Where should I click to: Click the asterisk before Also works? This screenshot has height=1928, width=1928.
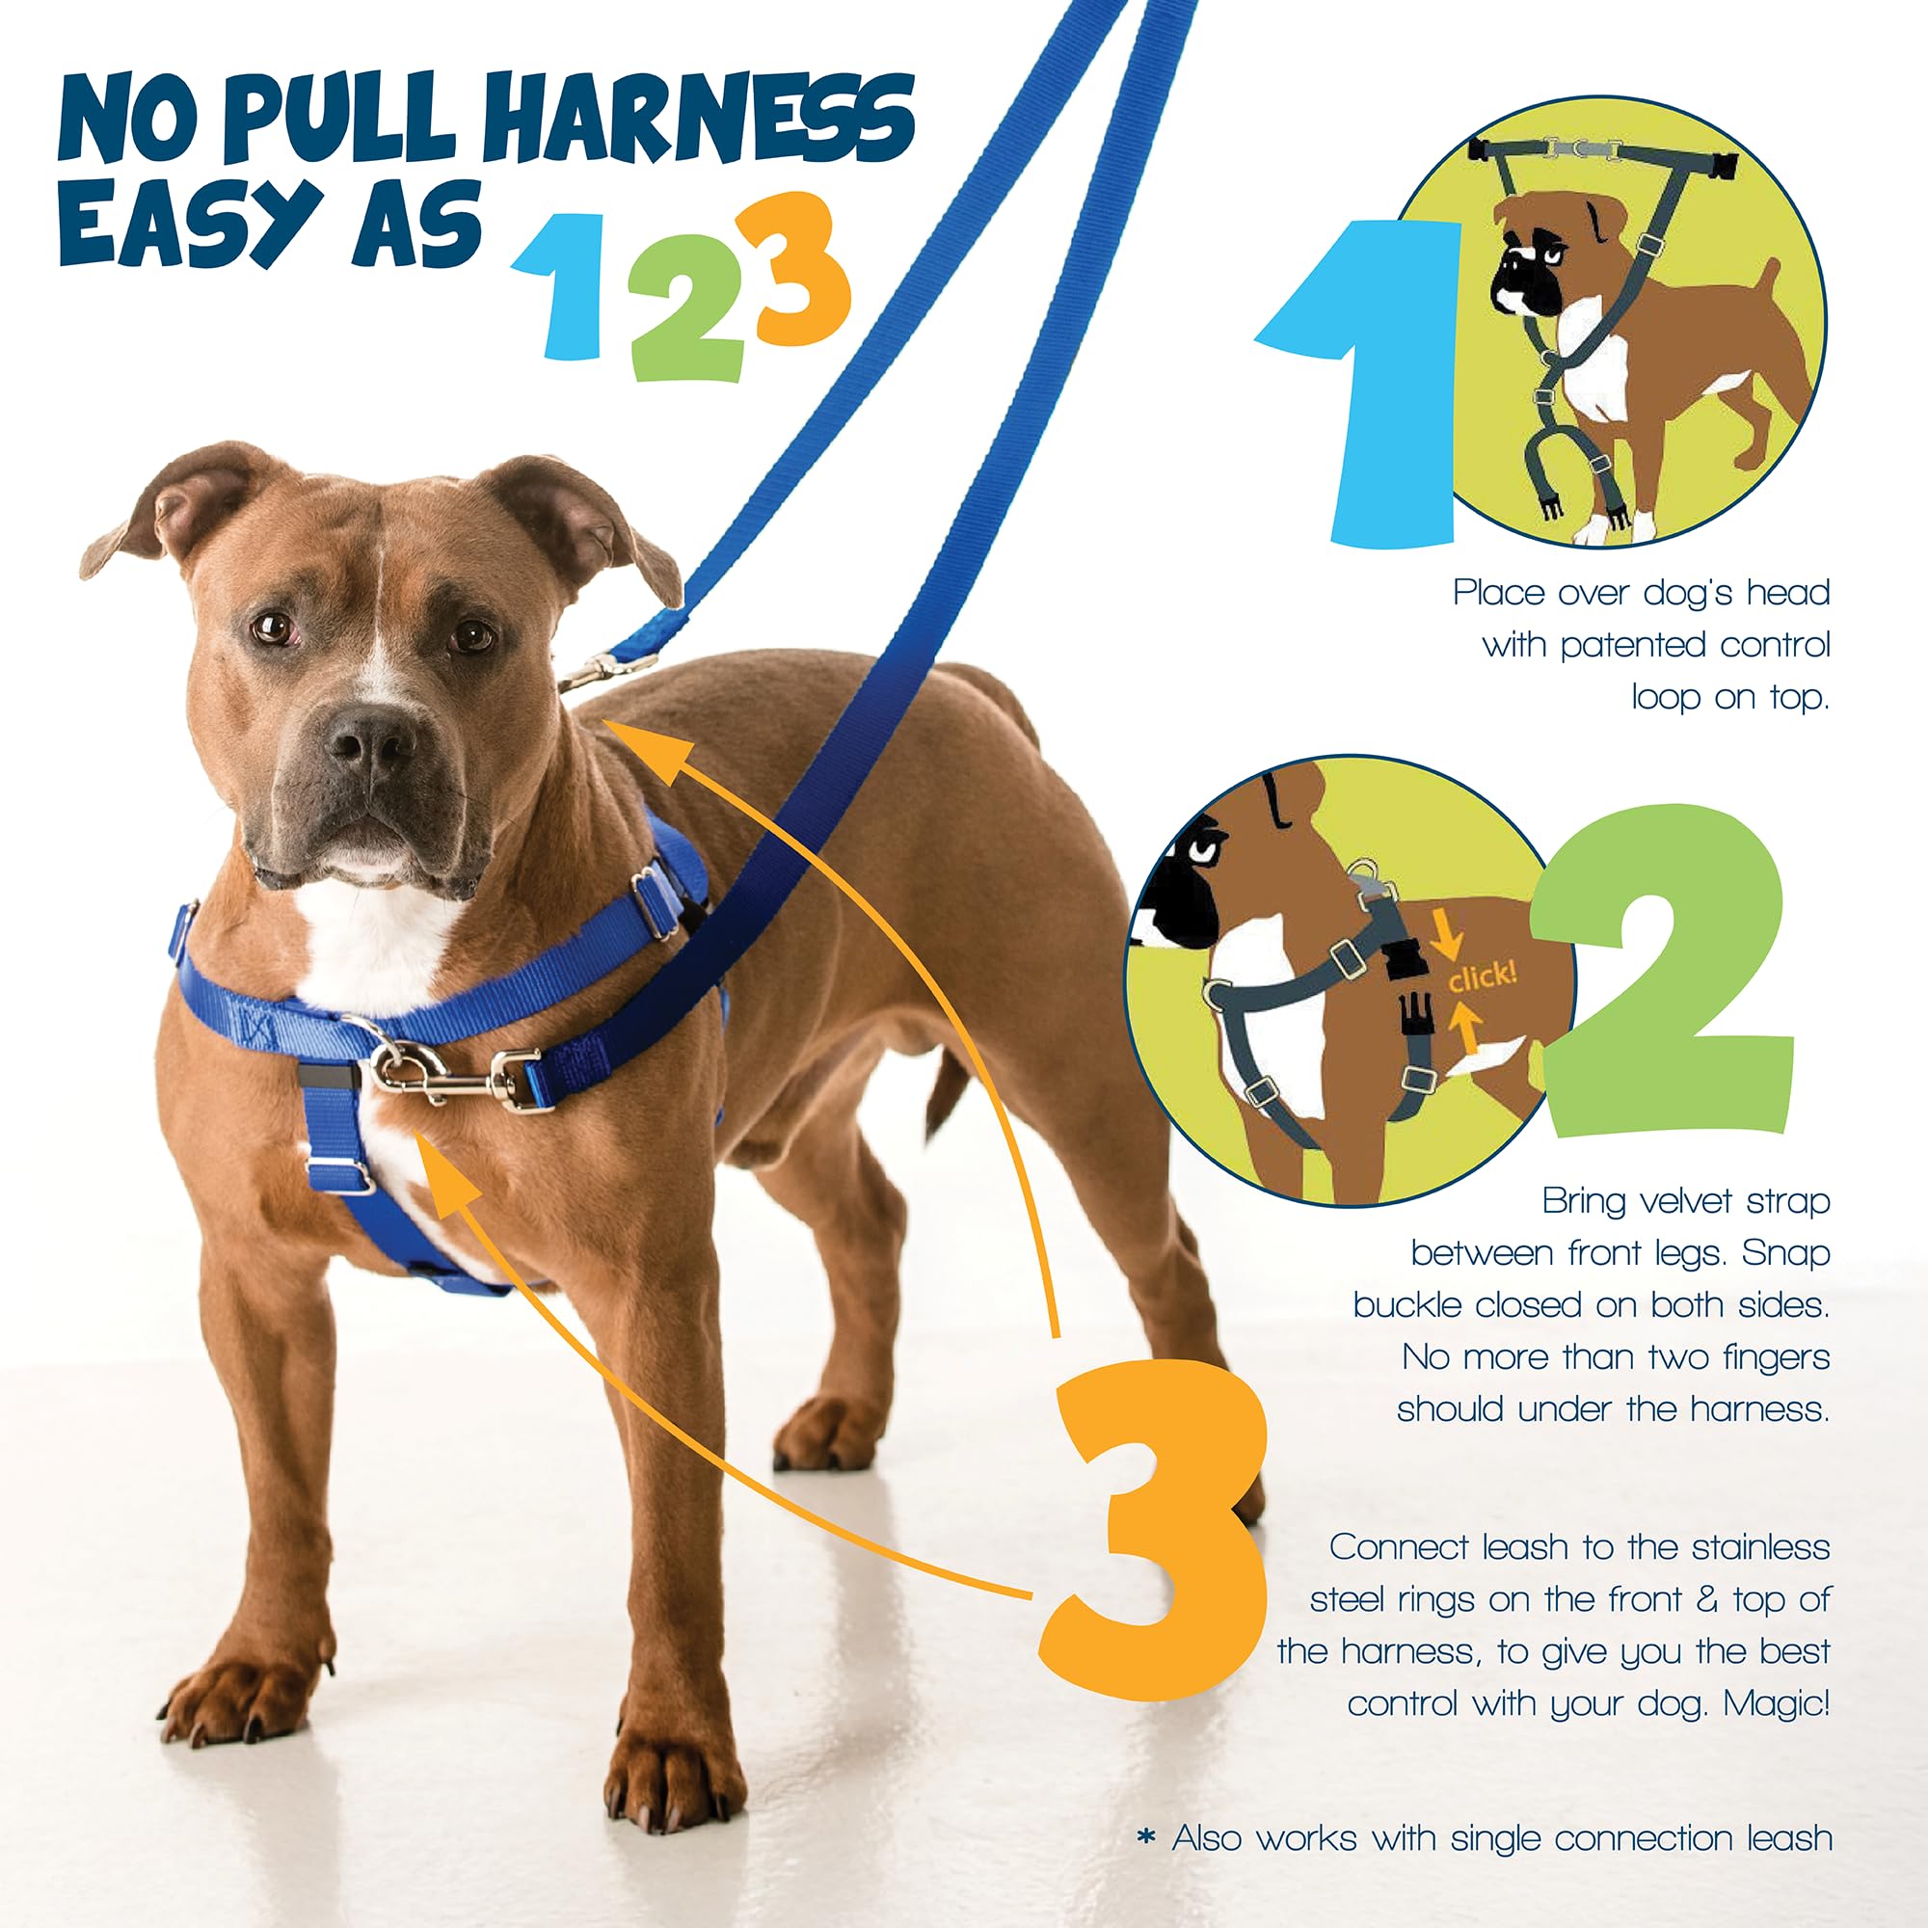coord(1146,1837)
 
